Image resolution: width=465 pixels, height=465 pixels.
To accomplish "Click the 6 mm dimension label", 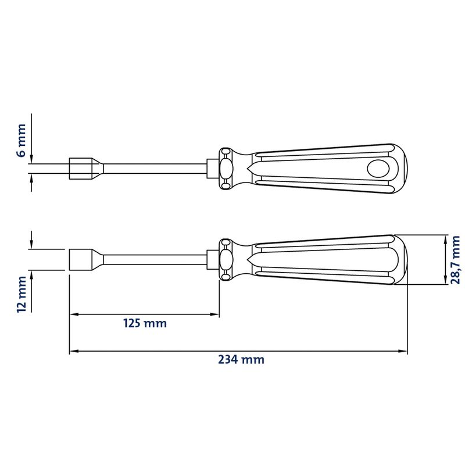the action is [22, 141].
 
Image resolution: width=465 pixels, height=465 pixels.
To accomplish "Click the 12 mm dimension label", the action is [22, 294].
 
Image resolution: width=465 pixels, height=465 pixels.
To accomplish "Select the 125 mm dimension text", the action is [145, 323].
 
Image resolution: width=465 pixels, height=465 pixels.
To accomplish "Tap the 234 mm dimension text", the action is [241, 359].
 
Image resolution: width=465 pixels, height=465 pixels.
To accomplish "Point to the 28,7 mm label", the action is [455, 260].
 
